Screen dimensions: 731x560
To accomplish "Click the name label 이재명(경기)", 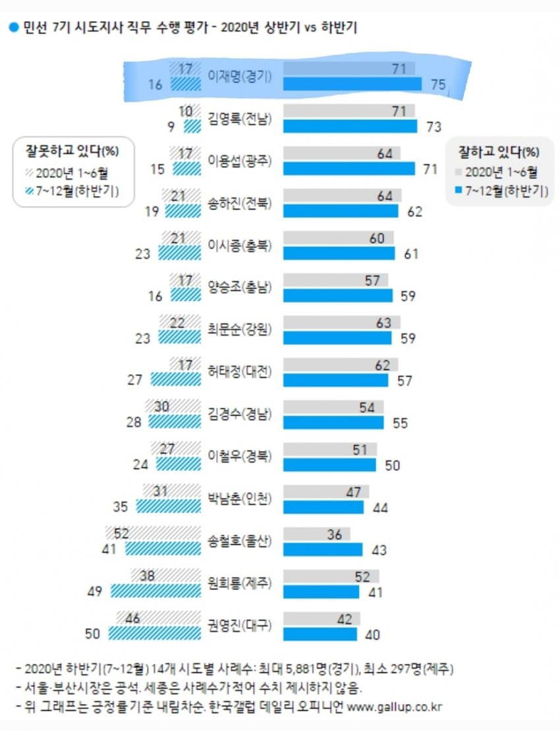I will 241,75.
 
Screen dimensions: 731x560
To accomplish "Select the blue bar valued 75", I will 352,84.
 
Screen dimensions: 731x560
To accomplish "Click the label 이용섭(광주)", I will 241,161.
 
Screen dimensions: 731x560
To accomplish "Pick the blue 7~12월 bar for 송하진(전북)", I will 341,211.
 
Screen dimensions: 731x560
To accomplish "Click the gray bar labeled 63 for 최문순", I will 341,323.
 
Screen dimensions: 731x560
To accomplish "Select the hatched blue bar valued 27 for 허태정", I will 175,379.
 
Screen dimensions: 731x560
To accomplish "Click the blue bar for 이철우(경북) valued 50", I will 329,464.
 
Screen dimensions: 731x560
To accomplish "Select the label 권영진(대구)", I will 241,624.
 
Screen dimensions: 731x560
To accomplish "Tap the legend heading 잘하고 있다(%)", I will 499,152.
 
